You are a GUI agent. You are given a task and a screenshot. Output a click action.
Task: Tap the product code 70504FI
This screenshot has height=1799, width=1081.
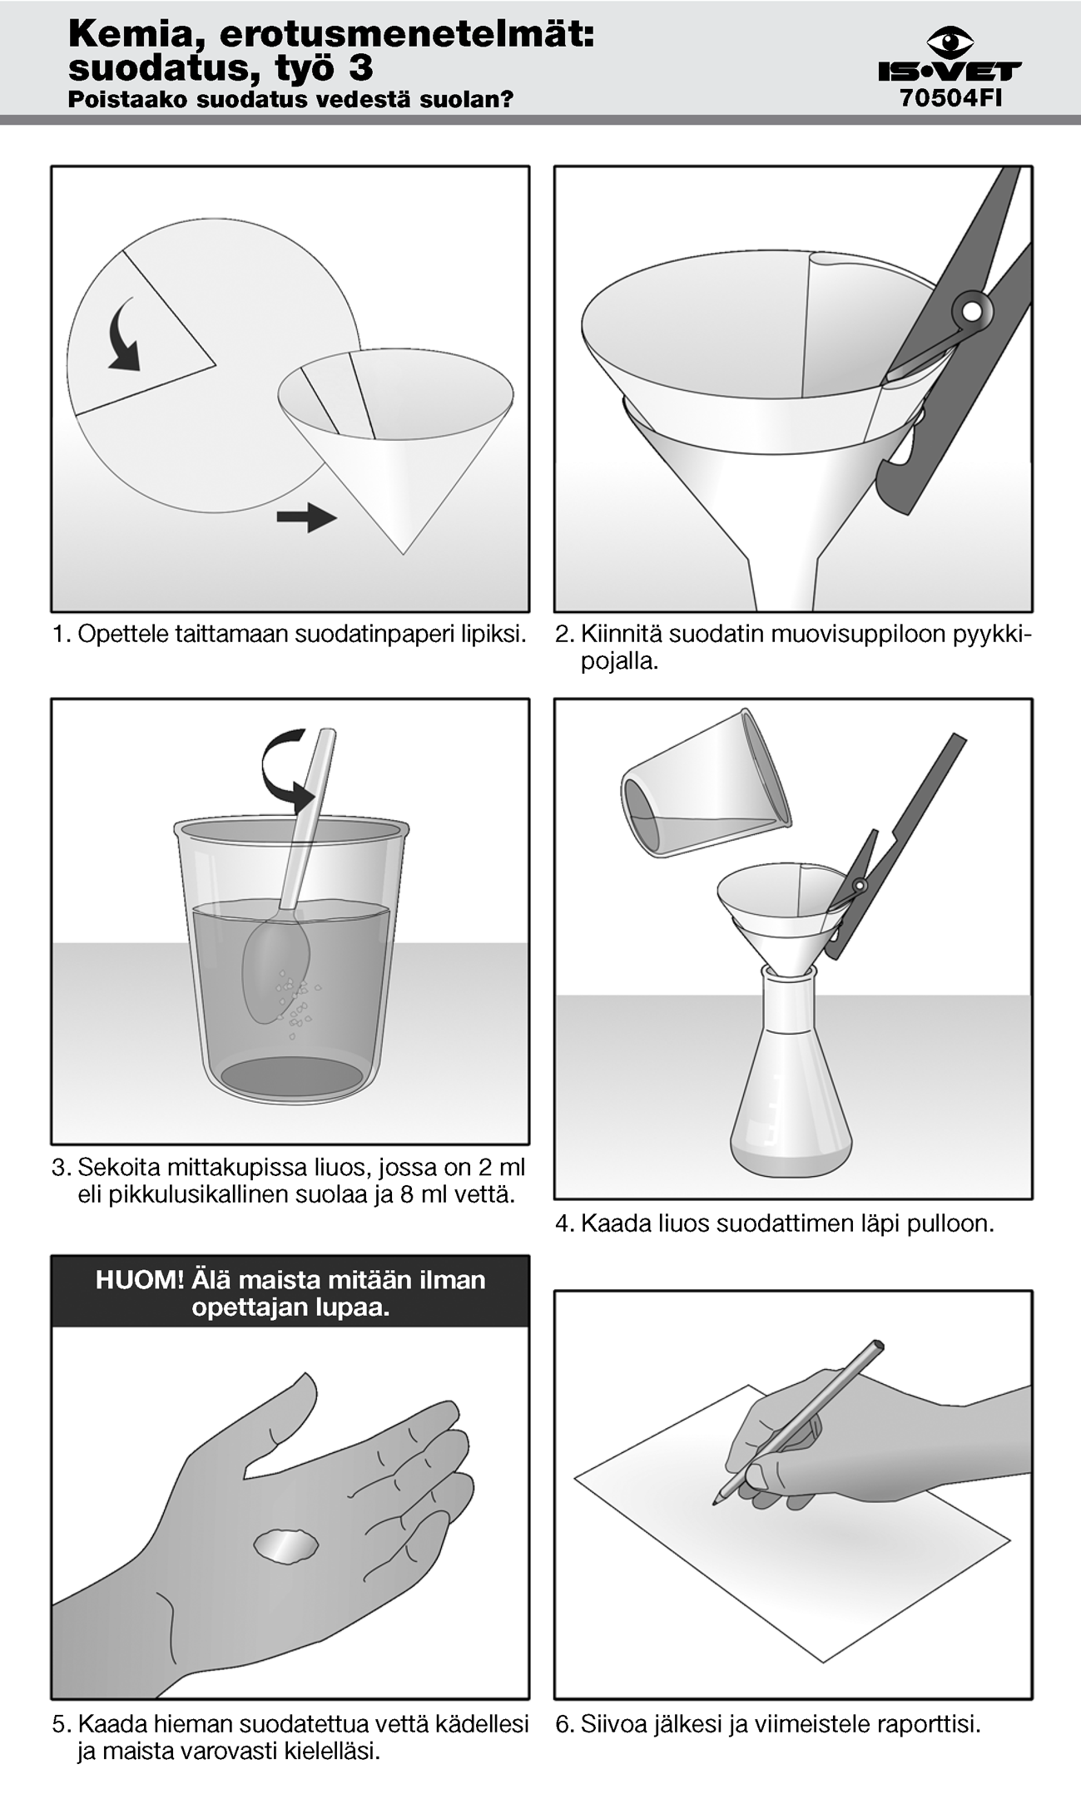click(950, 98)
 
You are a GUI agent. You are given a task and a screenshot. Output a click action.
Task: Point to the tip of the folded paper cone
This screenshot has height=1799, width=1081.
click(404, 553)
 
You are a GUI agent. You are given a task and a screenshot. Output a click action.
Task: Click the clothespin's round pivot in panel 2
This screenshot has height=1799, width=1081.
click(971, 310)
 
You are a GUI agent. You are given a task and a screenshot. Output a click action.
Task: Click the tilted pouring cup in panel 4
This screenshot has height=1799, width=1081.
click(705, 783)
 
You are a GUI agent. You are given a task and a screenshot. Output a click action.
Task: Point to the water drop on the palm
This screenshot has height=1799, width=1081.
click(285, 1546)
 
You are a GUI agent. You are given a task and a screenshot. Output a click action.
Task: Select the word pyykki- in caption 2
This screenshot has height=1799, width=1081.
click(992, 635)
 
